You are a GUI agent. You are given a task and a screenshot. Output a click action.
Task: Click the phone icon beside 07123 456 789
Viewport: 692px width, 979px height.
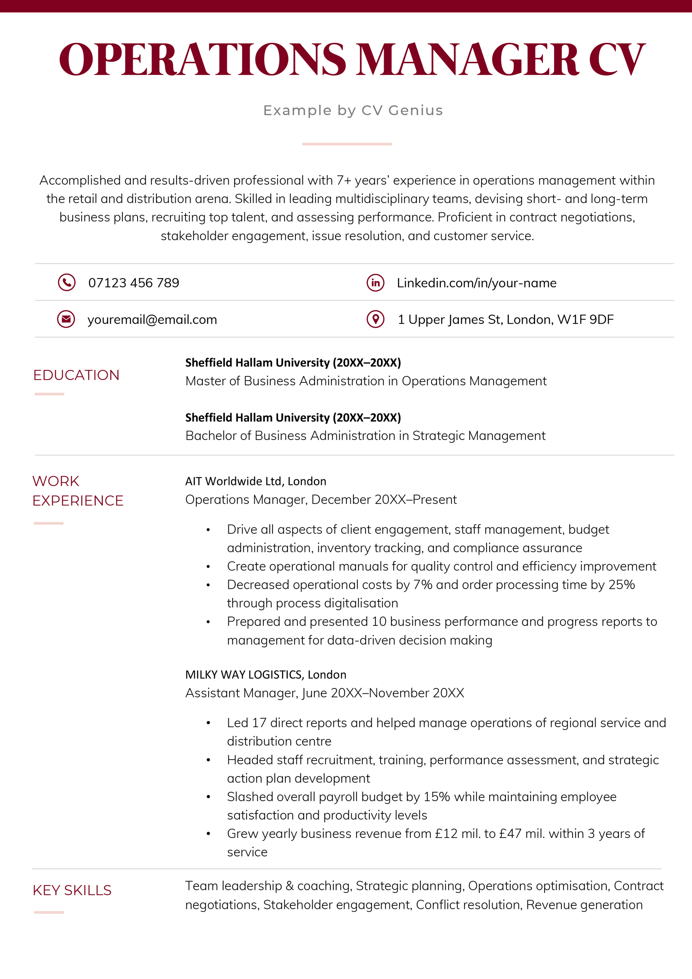(67, 282)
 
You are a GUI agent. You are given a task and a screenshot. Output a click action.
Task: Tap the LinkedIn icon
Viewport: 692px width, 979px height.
(375, 282)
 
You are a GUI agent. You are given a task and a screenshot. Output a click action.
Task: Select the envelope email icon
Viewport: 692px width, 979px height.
(66, 319)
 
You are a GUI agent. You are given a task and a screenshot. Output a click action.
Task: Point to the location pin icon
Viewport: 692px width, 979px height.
(375, 319)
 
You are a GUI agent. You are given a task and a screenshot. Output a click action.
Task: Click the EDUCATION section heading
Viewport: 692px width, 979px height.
(76, 375)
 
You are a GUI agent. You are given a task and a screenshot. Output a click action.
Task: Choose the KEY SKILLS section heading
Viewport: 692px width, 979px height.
(72, 890)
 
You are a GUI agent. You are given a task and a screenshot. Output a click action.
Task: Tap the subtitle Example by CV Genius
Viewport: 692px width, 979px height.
(353, 110)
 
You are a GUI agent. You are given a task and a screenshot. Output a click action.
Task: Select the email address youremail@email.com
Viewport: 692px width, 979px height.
(152, 320)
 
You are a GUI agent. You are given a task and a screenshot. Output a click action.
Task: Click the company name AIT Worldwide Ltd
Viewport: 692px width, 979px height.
(233, 481)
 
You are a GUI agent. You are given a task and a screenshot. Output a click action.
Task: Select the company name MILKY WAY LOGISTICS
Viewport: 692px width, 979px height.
(243, 674)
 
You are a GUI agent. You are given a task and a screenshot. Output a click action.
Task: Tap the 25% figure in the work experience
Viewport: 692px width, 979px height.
(622, 585)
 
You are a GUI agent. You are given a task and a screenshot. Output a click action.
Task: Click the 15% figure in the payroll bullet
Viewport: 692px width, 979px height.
(437, 797)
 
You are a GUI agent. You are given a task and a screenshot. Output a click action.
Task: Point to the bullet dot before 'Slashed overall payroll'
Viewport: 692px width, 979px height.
(208, 797)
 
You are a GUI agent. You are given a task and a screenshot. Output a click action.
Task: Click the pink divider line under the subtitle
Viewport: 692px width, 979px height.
(347, 144)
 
